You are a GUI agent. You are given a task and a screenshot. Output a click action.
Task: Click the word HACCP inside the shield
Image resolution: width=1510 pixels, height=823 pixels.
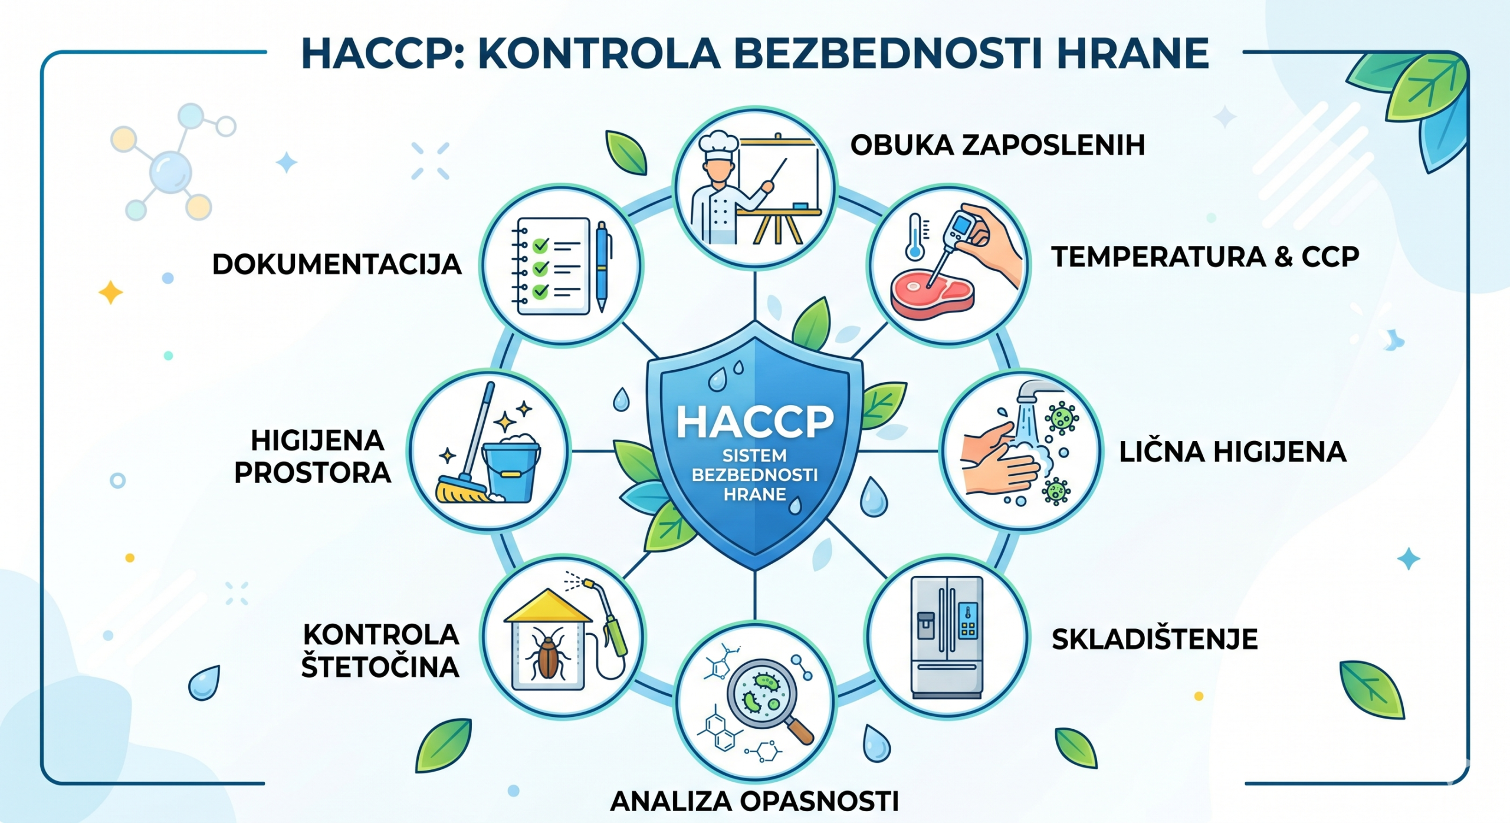click(x=755, y=422)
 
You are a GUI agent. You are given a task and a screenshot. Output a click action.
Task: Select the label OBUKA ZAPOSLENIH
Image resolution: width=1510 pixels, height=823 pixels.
click(x=997, y=145)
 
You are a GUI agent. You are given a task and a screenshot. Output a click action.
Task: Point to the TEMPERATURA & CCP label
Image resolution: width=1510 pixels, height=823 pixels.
click(x=1205, y=257)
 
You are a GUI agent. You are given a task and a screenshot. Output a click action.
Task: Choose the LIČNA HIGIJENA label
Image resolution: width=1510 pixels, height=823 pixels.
click(x=1233, y=452)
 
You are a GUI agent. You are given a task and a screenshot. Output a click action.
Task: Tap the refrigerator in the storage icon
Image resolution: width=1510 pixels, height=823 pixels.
click(x=947, y=637)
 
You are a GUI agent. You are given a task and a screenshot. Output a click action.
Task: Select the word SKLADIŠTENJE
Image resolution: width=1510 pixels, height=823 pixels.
click(x=1154, y=640)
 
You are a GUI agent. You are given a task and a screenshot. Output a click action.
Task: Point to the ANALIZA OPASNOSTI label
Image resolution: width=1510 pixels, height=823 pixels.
click(x=754, y=801)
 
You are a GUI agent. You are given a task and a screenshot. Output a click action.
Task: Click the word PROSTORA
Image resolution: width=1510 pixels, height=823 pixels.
click(x=313, y=473)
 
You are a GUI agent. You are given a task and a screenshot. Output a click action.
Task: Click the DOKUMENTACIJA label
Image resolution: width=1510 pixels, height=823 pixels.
click(x=337, y=264)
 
